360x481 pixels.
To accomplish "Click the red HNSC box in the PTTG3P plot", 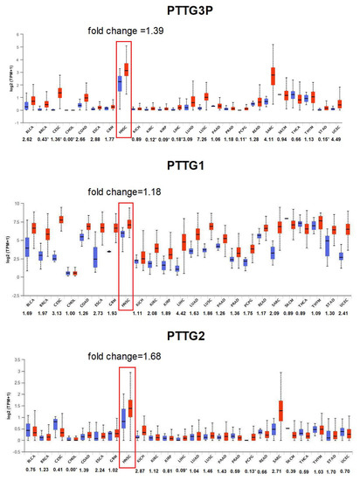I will (x=128, y=69).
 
